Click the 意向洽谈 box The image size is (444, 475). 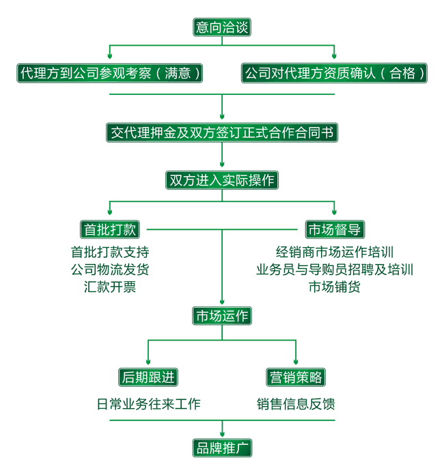223,27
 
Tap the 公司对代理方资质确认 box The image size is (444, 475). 334,73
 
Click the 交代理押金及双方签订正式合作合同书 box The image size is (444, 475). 223,132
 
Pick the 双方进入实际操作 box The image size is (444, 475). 223,180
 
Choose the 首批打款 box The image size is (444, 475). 110,229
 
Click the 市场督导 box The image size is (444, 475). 334,229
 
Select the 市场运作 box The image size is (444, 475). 223,316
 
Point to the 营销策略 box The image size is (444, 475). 296,377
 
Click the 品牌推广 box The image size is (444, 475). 223,448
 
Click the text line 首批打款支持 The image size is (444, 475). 110,251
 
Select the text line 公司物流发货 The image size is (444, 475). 110,269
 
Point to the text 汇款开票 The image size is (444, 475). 110,287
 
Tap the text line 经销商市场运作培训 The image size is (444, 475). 334,251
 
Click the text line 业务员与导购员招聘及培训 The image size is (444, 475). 334,269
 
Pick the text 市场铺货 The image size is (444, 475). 334,287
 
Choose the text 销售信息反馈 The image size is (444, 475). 296,404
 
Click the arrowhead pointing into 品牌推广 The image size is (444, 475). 223,434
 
